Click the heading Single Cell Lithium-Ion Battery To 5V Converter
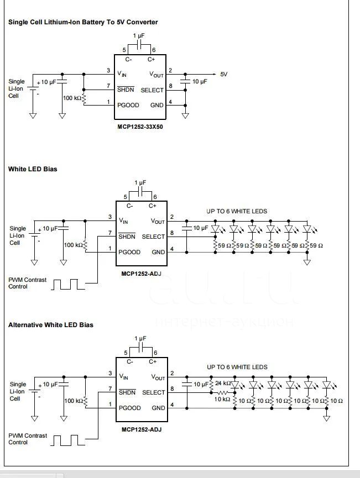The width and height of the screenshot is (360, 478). click(83, 22)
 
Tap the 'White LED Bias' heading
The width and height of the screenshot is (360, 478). click(33, 169)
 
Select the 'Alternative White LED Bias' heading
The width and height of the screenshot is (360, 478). click(51, 325)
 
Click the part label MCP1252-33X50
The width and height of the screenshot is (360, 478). click(140, 127)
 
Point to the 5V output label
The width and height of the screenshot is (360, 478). click(223, 74)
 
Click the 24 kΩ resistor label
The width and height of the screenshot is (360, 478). click(223, 383)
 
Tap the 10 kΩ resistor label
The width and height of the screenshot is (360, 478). click(222, 399)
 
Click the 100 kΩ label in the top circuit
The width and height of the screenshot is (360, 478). click(72, 98)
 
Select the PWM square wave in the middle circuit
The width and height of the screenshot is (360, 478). click(67, 284)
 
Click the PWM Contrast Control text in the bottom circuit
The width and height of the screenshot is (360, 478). click(28, 439)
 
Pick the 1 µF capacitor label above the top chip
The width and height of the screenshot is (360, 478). click(139, 36)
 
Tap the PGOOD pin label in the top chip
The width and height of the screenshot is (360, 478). click(128, 105)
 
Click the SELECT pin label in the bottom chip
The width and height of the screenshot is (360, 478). click(154, 392)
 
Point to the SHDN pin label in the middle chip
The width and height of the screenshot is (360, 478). click(127, 237)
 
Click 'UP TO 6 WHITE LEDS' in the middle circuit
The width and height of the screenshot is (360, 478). click(237, 211)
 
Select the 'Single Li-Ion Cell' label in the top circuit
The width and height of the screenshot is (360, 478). click(17, 88)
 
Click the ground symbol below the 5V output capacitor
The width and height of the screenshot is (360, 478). click(185, 115)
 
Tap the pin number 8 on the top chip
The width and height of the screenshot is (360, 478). click(170, 86)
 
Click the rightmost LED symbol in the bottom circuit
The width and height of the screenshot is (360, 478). click(326, 385)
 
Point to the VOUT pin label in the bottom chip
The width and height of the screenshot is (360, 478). click(158, 377)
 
